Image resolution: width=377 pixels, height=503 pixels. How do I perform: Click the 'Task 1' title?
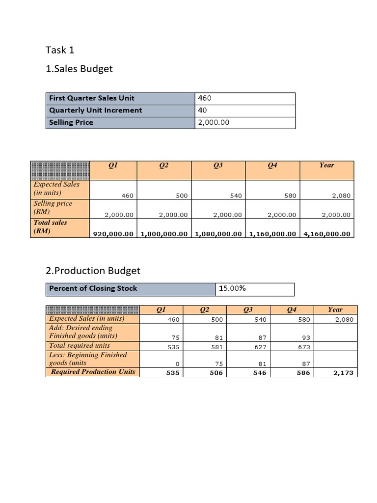click(x=60, y=50)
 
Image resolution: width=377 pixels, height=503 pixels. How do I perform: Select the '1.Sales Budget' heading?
click(x=79, y=69)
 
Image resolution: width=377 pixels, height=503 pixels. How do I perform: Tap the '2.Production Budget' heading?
click(x=93, y=271)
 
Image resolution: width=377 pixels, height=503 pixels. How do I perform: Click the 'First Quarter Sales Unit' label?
click(x=92, y=98)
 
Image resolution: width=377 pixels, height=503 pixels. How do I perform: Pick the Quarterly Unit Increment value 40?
click(x=202, y=111)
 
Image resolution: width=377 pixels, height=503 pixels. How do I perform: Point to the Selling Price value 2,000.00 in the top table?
click(x=214, y=123)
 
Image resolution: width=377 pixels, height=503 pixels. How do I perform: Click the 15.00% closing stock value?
click(x=232, y=289)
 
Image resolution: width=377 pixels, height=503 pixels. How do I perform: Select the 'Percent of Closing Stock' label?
click(x=93, y=289)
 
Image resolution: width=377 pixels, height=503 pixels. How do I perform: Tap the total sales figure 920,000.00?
click(x=113, y=234)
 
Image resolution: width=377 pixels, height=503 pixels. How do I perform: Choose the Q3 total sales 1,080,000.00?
click(x=218, y=234)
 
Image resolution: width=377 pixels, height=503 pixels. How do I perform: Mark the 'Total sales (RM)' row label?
click(x=51, y=226)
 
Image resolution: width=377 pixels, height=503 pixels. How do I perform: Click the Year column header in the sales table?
click(x=326, y=166)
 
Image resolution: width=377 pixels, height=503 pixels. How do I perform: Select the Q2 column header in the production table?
click(x=205, y=310)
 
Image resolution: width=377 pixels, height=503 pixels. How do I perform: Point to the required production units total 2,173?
click(x=344, y=373)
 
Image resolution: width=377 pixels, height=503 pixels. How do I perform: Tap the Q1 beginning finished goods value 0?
click(x=177, y=364)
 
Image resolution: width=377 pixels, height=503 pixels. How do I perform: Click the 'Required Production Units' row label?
click(x=93, y=372)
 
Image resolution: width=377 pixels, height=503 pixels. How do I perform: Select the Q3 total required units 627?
click(x=260, y=347)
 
